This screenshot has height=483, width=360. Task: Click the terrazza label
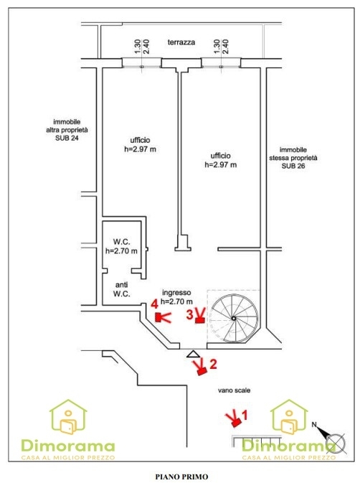(181, 42)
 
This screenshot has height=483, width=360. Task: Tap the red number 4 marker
(154, 304)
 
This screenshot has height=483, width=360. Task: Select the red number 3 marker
(190, 314)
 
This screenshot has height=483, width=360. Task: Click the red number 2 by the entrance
(213, 364)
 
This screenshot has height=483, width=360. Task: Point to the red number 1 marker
(245, 416)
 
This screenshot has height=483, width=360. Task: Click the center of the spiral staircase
(234, 318)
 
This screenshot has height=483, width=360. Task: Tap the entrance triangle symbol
(193, 354)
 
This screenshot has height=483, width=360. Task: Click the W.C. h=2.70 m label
(121, 246)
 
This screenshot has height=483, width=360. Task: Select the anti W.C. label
(121, 289)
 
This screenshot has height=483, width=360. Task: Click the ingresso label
(176, 292)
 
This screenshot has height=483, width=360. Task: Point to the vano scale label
(235, 390)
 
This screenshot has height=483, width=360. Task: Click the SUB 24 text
(67, 138)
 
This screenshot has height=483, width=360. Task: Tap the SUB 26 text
(293, 166)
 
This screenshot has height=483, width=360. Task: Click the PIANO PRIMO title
(181, 477)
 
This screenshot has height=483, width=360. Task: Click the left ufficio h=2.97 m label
(140, 144)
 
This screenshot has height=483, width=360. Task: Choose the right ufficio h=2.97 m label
(221, 160)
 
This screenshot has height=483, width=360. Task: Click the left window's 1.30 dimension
(138, 47)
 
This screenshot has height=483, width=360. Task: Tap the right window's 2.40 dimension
(226, 47)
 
